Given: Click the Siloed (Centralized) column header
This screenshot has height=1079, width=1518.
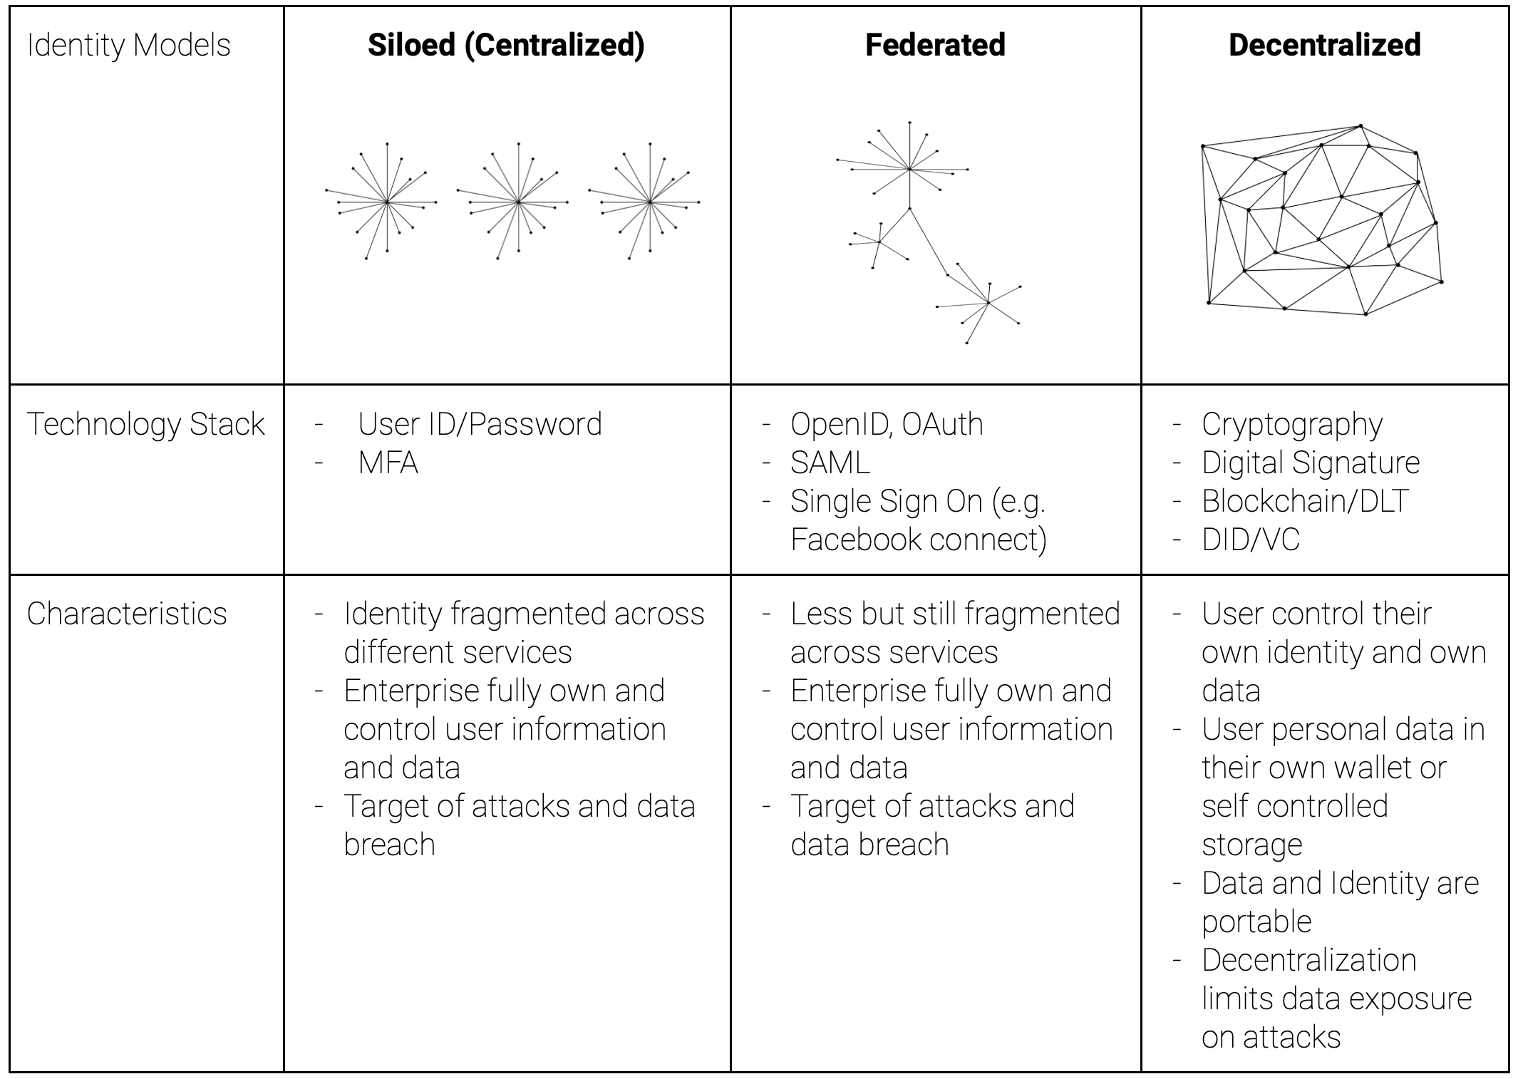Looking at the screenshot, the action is (506, 45).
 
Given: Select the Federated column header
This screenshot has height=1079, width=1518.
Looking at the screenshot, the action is (935, 45).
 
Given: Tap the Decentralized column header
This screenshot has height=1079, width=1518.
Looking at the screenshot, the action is (1325, 45).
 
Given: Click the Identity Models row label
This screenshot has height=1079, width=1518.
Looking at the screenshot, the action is (129, 46).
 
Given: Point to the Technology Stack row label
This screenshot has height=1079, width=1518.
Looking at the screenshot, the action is (146, 425).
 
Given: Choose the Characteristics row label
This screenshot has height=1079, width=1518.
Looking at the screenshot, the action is (127, 614).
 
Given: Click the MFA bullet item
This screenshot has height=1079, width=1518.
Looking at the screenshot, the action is (388, 463).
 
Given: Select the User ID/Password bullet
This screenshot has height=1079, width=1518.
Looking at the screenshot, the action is (480, 425).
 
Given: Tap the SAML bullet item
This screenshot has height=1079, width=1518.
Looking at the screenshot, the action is (830, 463).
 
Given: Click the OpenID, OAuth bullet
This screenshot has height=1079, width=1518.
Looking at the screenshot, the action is (887, 425).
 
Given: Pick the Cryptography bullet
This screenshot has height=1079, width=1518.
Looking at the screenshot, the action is (1292, 425).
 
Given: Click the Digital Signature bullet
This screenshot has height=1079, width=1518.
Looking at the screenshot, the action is (1311, 463).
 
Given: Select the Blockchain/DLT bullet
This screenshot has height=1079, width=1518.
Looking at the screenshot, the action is (1305, 501).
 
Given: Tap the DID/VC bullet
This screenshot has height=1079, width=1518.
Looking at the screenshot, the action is (1251, 539).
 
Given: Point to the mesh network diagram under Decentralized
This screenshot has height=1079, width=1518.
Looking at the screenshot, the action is (1323, 220).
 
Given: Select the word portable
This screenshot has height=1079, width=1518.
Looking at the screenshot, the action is (1256, 922).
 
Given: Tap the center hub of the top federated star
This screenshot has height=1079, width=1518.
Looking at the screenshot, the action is (910, 169).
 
